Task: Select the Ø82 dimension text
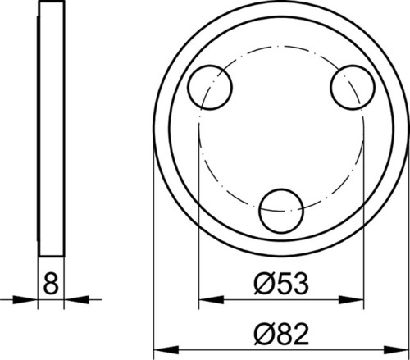[281, 334]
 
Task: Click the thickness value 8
[51, 284]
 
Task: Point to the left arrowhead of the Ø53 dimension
[212, 300]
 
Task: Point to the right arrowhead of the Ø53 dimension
[351, 300]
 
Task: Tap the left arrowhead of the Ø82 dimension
[166, 349]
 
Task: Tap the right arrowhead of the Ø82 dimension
[397, 349]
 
